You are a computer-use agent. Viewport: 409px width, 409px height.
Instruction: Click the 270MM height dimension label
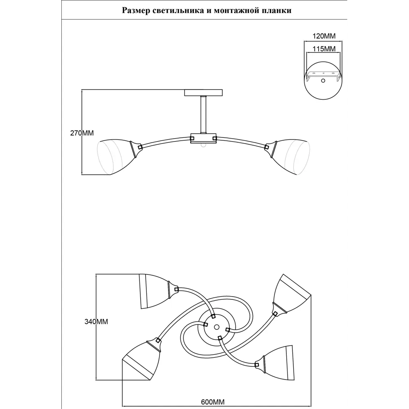(x=82, y=133)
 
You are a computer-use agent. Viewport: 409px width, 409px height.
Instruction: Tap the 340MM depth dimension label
(x=96, y=321)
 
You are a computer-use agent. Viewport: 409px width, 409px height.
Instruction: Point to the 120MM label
(x=324, y=36)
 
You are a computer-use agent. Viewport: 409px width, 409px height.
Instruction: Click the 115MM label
(x=324, y=49)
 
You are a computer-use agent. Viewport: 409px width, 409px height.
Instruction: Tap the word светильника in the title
(x=178, y=11)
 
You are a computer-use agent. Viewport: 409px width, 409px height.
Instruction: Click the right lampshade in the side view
(x=292, y=157)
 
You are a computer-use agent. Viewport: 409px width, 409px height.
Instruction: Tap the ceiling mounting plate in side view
(x=203, y=92)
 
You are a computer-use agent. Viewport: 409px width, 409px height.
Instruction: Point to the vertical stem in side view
(x=203, y=115)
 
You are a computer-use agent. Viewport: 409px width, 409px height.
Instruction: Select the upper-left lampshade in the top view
(x=153, y=291)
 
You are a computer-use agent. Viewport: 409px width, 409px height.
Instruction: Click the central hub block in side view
(x=203, y=139)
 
